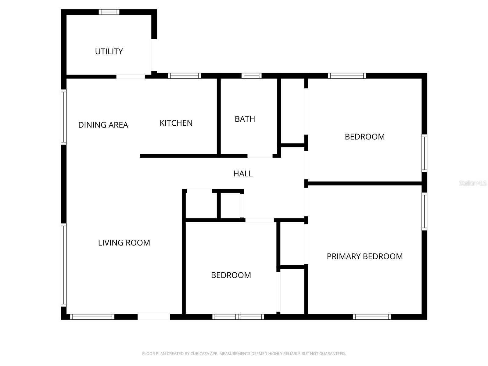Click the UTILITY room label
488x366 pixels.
point(109,52)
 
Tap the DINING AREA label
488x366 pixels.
point(103,125)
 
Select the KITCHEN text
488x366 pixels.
point(176,123)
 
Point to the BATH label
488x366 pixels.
point(245,119)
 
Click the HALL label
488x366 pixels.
point(243,174)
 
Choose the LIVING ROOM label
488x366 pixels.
point(124,243)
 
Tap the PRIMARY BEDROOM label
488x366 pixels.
point(364,256)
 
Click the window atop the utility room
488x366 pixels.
point(109,12)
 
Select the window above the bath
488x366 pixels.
point(251,76)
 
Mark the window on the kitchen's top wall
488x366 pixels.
point(184,76)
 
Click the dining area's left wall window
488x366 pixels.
point(63,117)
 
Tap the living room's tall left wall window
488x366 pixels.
point(63,265)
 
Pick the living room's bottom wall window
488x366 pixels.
point(92,317)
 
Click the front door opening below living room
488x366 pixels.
point(154,317)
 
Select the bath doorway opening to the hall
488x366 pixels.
point(260,156)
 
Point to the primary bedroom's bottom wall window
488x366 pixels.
point(371,317)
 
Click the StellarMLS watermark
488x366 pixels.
point(472,183)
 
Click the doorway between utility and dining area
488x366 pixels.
point(131,77)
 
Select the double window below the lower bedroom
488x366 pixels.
point(238,317)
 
